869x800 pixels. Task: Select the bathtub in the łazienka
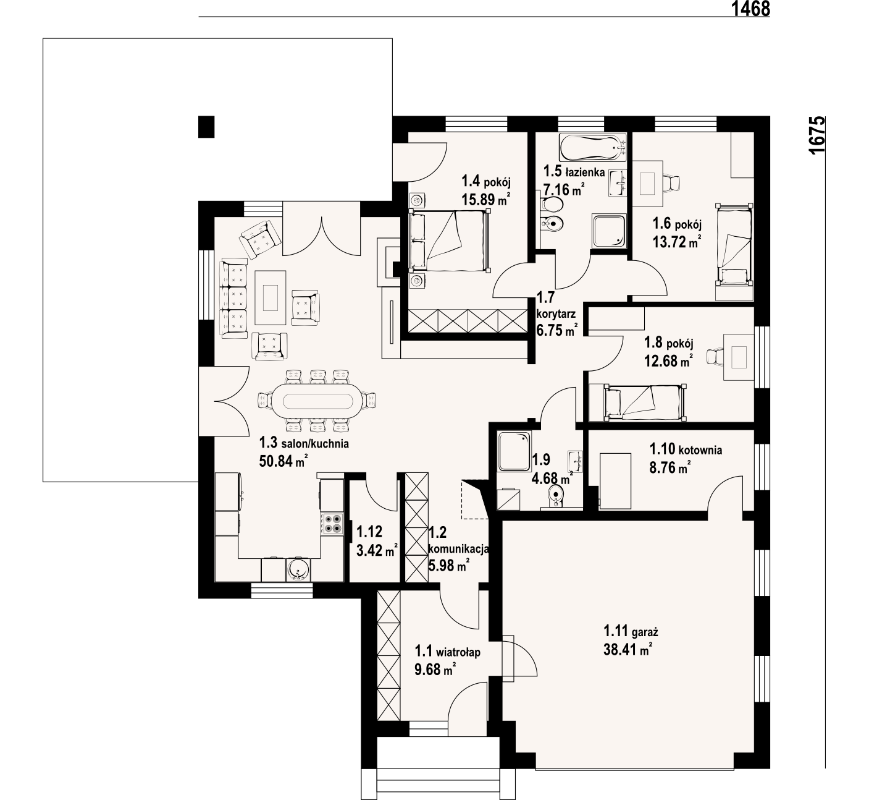click(x=593, y=147)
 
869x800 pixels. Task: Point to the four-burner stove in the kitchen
click(x=332, y=523)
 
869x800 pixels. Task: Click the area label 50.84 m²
click(x=283, y=461)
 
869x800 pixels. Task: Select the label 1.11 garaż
click(x=631, y=631)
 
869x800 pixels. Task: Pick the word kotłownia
click(x=700, y=450)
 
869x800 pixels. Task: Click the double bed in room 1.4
click(x=450, y=240)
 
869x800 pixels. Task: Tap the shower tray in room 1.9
click(x=514, y=451)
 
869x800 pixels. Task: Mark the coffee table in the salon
click(x=271, y=297)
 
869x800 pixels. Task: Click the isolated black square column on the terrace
click(x=206, y=127)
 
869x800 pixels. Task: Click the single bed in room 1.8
click(x=644, y=402)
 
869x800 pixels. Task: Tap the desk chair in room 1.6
click(x=671, y=182)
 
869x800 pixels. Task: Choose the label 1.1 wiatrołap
click(x=448, y=652)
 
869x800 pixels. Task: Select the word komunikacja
click(x=458, y=549)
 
